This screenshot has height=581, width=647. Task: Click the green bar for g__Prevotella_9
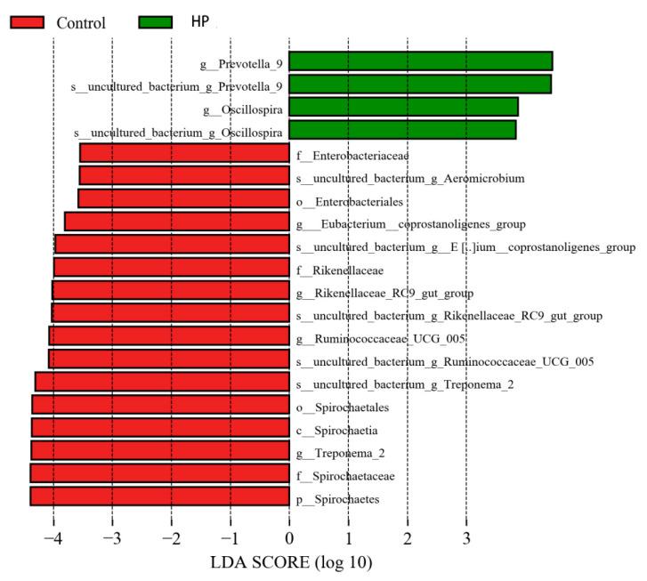(x=420, y=61)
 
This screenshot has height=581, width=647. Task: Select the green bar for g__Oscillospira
(x=403, y=107)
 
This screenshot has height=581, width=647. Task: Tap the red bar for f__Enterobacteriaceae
(x=184, y=153)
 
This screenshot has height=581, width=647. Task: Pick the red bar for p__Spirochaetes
(x=160, y=496)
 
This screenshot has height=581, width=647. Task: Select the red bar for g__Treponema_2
(x=160, y=450)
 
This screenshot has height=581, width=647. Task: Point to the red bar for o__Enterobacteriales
(x=183, y=198)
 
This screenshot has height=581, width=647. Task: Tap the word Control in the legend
(x=82, y=22)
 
